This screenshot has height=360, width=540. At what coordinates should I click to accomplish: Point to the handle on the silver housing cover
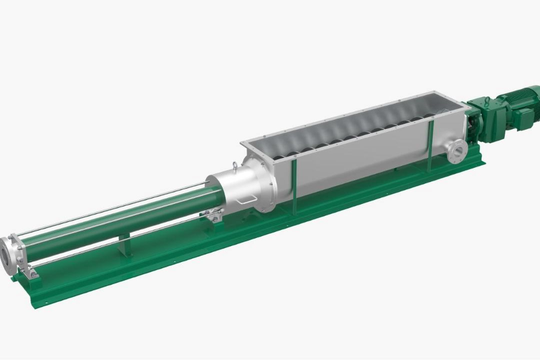(x=246, y=199)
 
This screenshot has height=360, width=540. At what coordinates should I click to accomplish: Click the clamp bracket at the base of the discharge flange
(x=31, y=273)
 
